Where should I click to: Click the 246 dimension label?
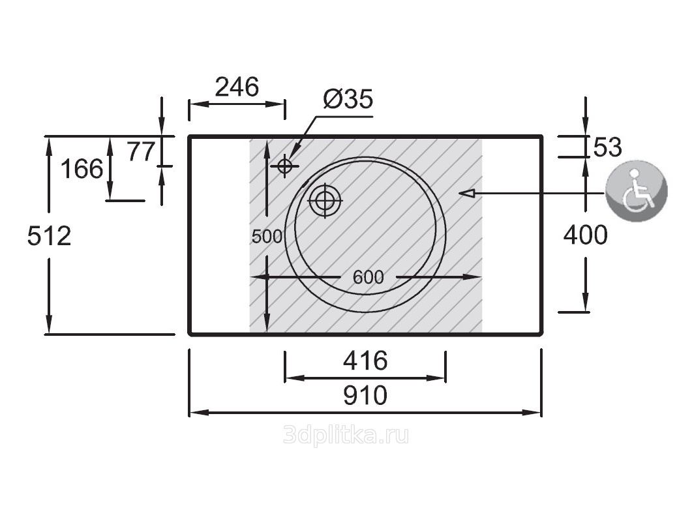click(x=237, y=87)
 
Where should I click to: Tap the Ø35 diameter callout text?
click(x=348, y=99)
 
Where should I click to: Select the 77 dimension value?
click(x=142, y=151)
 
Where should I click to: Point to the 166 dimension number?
click(x=82, y=169)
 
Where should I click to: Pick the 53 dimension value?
click(x=607, y=147)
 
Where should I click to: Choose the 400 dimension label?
click(x=585, y=235)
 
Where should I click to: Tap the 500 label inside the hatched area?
click(x=267, y=237)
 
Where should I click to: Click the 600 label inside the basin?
click(x=369, y=277)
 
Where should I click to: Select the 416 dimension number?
click(x=365, y=361)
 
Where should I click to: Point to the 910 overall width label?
click(x=365, y=395)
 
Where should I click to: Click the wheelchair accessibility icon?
click(x=637, y=190)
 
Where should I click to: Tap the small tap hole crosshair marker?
click(x=284, y=166)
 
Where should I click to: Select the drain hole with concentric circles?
click(x=325, y=200)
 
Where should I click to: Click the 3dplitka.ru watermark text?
click(x=346, y=436)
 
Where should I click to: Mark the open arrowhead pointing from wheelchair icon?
click(x=467, y=193)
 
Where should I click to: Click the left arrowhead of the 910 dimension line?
click(x=198, y=413)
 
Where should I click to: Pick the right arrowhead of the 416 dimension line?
click(x=436, y=378)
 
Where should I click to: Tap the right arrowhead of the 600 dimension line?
click(x=472, y=277)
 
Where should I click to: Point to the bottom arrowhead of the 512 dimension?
click(x=49, y=324)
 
